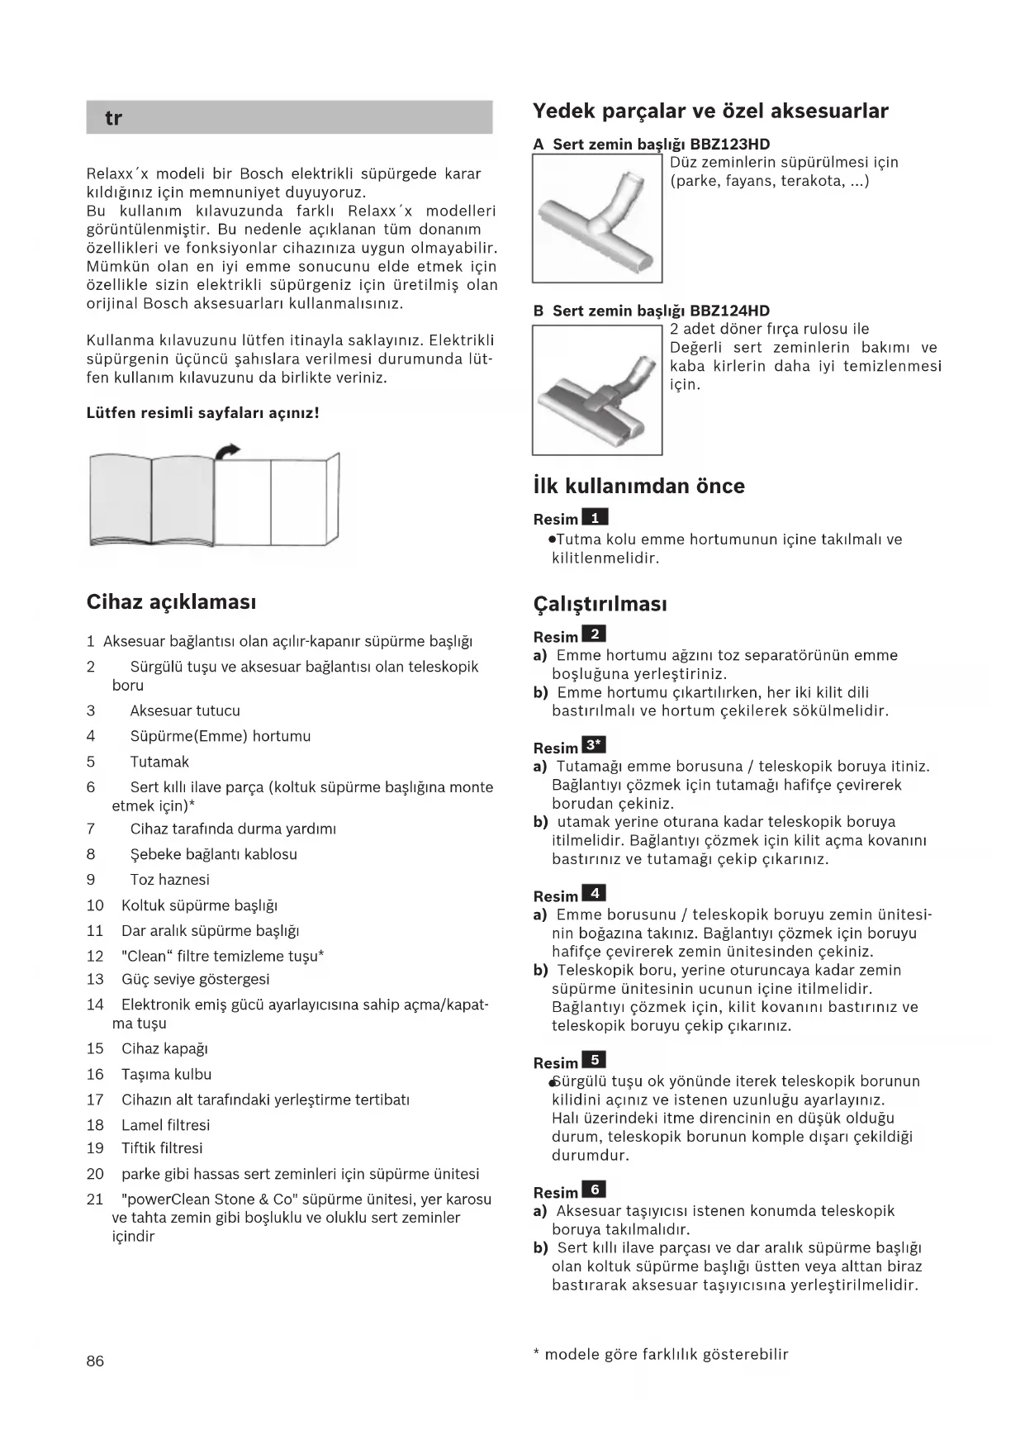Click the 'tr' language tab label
click(113, 118)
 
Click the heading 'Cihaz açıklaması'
click(171, 602)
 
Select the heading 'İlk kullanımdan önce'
click(638, 486)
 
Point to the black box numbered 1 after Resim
click(595, 518)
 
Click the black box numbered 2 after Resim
click(594, 634)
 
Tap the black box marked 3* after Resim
click(595, 745)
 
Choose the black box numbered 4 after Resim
click(594, 893)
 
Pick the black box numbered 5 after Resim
click(594, 1060)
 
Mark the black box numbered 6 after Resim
click(594, 1190)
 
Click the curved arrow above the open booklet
click(227, 451)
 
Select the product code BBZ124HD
click(729, 311)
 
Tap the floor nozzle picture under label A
click(597, 218)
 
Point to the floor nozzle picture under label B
click(597, 390)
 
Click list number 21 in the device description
click(95, 1200)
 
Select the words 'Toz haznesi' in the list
click(169, 880)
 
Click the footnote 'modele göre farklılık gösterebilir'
click(666, 1355)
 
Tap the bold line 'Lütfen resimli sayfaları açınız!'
click(202, 413)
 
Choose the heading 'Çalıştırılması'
click(600, 604)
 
